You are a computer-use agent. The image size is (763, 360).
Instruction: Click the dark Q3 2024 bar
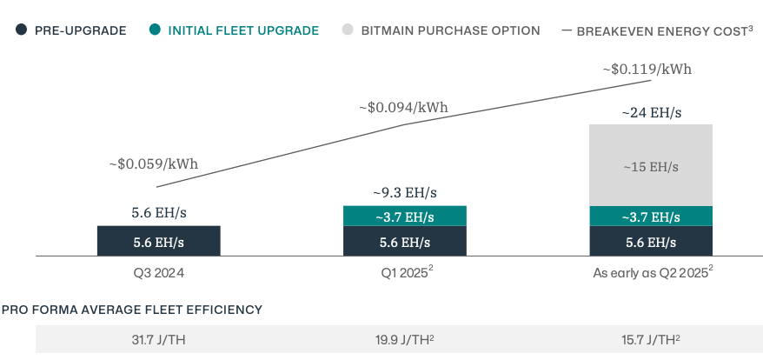click(x=158, y=242)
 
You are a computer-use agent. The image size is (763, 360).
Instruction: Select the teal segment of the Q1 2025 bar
click(x=405, y=217)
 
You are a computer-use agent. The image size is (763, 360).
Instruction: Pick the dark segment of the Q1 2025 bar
click(x=405, y=242)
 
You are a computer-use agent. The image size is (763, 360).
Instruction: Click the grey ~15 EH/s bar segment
click(x=651, y=165)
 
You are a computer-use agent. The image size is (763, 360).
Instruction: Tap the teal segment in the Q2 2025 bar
click(x=651, y=217)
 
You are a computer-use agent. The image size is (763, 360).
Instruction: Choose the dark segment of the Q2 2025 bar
click(x=651, y=242)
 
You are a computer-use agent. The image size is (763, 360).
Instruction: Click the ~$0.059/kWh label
click(x=154, y=163)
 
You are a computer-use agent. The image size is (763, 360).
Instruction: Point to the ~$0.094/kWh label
click(x=403, y=108)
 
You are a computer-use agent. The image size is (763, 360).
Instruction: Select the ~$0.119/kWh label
click(x=647, y=69)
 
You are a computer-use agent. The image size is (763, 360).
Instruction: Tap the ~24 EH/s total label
click(x=651, y=112)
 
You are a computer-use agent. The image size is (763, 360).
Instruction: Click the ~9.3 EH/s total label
click(x=405, y=192)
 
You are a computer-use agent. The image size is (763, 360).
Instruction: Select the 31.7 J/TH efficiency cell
click(x=158, y=340)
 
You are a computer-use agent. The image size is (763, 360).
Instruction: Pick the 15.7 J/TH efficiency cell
click(x=651, y=340)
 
